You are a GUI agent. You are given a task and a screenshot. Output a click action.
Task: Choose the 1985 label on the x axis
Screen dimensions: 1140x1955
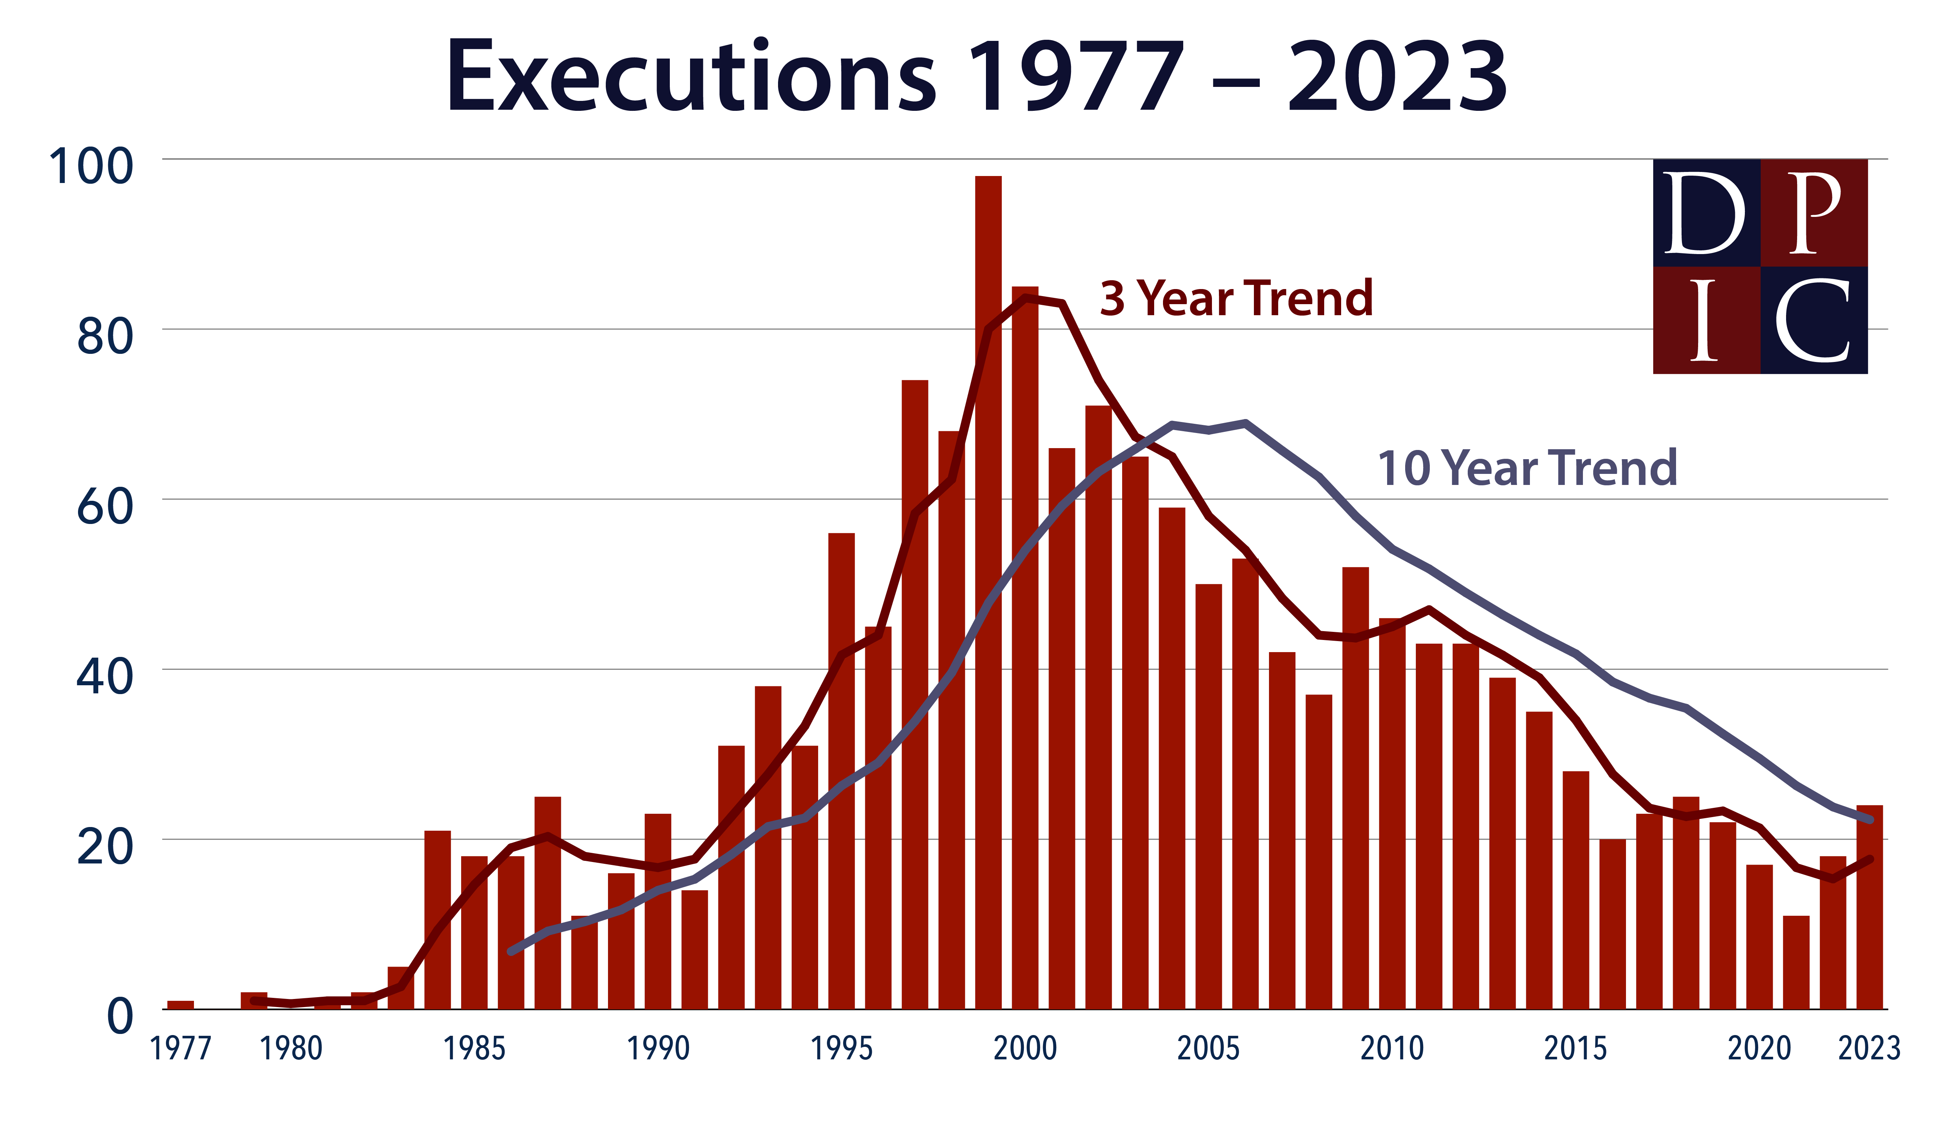point(474,1049)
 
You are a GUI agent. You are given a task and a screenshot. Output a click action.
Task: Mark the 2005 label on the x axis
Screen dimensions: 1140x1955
point(1208,1049)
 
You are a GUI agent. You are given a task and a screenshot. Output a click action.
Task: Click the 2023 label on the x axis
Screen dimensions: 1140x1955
point(1869,1049)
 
